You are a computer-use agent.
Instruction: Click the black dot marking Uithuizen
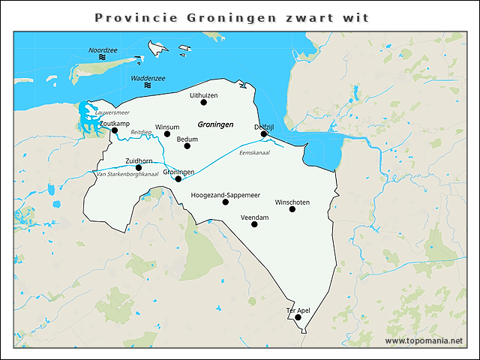coord(203,103)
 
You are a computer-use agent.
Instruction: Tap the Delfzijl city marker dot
coord(264,134)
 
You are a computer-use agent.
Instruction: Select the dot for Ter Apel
coord(298,317)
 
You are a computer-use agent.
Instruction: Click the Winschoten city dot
coord(292,209)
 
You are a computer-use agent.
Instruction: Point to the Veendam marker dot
coord(254,224)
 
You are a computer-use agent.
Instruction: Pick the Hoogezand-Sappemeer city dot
coord(226,202)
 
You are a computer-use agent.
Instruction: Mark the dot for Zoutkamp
coord(115,130)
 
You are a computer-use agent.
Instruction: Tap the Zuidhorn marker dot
coord(139,168)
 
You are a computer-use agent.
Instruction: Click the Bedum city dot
coord(187,146)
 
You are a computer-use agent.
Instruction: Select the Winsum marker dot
coord(167,134)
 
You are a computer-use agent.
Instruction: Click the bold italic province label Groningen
coord(216,124)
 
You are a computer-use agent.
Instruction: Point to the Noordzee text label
coord(103,50)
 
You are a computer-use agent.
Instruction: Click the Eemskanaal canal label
coord(253,153)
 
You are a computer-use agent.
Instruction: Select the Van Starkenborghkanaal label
coord(127,175)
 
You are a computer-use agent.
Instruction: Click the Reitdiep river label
coord(141,132)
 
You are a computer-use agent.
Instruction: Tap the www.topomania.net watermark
coord(424,340)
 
